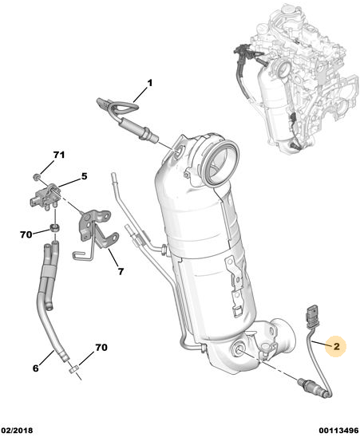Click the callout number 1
click(x=150, y=83)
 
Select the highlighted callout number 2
click(x=337, y=346)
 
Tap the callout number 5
click(x=84, y=176)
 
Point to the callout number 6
click(x=35, y=368)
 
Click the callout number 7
click(x=121, y=271)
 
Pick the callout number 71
click(x=59, y=155)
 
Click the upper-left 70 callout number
click(x=26, y=234)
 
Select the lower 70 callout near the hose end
click(x=101, y=348)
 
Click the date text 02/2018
click(x=17, y=431)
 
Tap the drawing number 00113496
click(x=338, y=431)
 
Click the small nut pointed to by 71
click(x=36, y=176)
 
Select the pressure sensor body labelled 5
click(x=45, y=196)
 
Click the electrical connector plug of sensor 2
click(x=311, y=316)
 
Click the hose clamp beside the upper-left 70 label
click(x=55, y=228)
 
